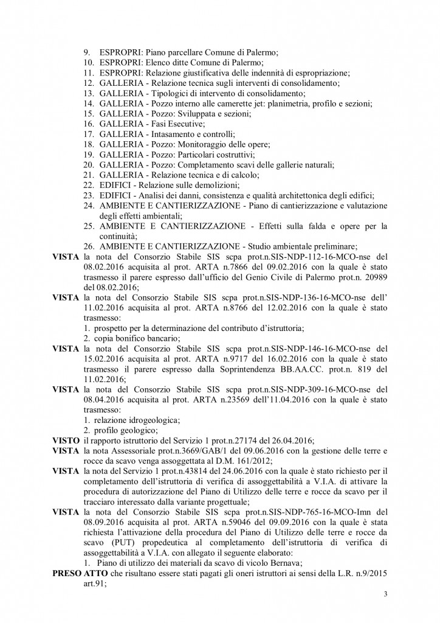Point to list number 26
click(88, 246)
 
